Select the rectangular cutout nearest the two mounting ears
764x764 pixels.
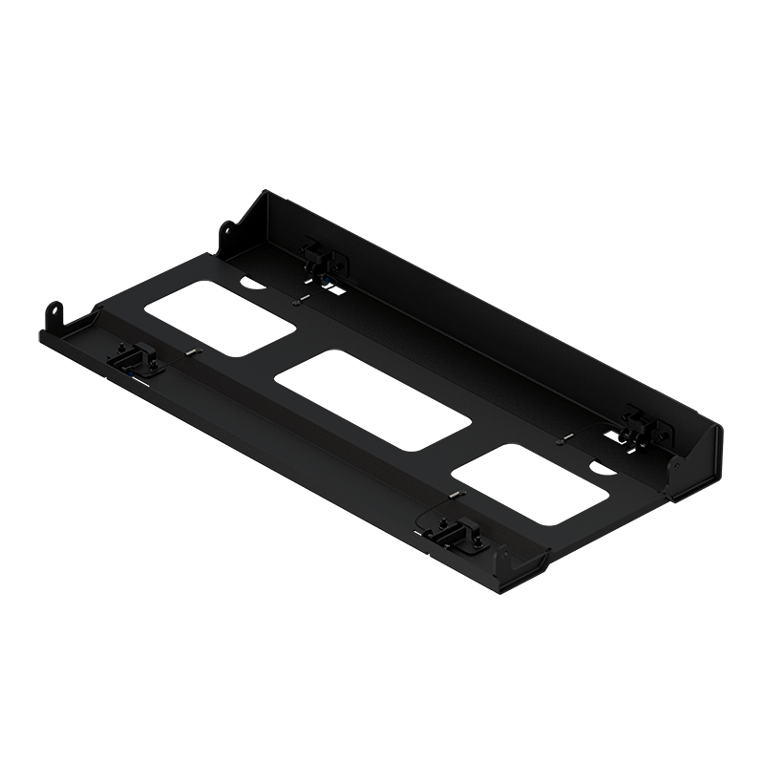click(x=221, y=311)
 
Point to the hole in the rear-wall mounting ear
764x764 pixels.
click(x=227, y=230)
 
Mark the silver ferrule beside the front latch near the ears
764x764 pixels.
click(x=192, y=353)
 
